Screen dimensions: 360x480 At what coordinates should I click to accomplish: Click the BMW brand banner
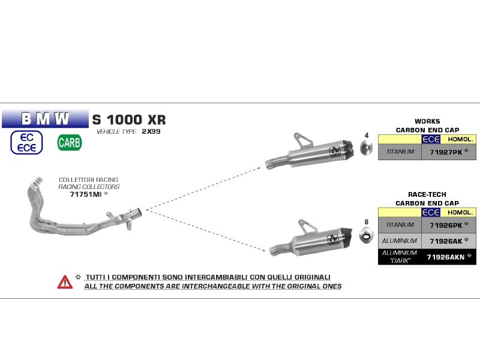click(x=45, y=118)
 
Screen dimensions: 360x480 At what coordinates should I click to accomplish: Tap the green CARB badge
click(x=70, y=143)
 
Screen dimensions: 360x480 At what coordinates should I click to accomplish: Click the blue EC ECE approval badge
click(x=26, y=142)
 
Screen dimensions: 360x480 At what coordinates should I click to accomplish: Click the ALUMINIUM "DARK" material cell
click(x=399, y=257)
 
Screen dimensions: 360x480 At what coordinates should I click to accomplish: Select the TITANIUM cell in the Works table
click(x=399, y=152)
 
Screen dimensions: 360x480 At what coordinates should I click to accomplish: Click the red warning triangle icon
click(x=65, y=281)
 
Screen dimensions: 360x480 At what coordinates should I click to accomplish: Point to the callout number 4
click(x=367, y=136)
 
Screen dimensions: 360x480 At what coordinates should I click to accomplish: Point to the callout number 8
click(x=367, y=223)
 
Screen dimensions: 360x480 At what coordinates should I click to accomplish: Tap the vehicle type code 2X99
click(x=151, y=131)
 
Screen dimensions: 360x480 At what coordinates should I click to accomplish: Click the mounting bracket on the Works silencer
click(x=304, y=140)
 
